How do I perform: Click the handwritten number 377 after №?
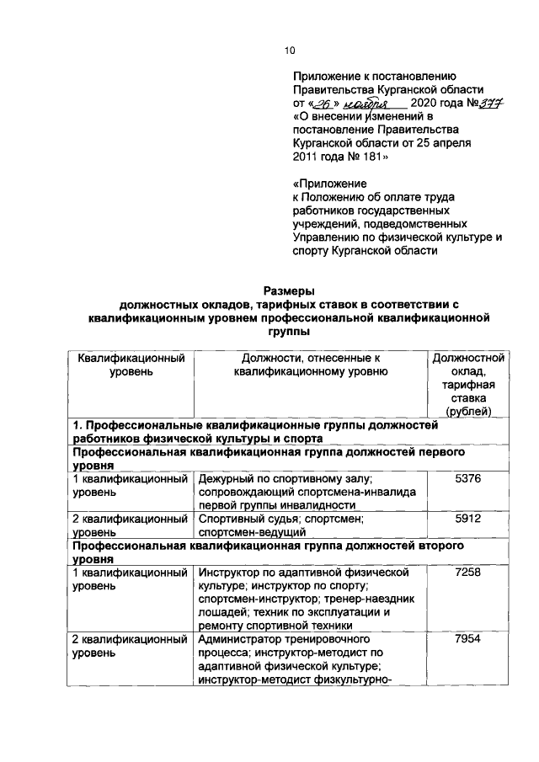tap(488, 104)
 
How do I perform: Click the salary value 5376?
tap(467, 478)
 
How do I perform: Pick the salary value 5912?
tap(467, 519)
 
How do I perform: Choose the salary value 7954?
tap(467, 641)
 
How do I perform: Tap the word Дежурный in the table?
tap(226, 478)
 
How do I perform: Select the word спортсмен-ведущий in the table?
tap(252, 532)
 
